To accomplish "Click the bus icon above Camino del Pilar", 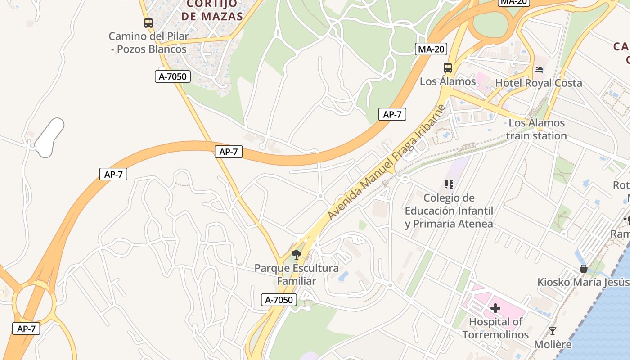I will tap(148, 22).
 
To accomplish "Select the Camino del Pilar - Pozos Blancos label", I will tap(148, 42).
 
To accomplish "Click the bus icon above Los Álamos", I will tap(447, 68).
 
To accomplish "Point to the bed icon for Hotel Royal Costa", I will tap(539, 69).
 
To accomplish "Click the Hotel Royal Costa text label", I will tap(538, 83).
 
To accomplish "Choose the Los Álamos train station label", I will tap(536, 129).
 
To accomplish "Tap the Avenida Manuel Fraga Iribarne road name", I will tap(386, 162).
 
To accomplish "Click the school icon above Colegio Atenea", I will tap(449, 184).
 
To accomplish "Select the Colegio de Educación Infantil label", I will tap(449, 211).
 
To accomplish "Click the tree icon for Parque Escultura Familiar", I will tap(296, 255).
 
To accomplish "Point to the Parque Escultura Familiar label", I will tap(297, 274).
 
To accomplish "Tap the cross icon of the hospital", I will tap(495, 308).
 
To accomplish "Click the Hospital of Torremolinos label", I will tap(495, 328).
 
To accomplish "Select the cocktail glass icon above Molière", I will tap(553, 331).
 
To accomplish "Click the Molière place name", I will tap(553, 344).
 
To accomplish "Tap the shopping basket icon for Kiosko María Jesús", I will tap(584, 269).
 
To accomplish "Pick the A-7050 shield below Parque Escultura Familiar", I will tap(279, 300).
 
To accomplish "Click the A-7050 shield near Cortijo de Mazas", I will tap(172, 76).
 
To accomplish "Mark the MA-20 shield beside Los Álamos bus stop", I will tap(431, 49).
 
